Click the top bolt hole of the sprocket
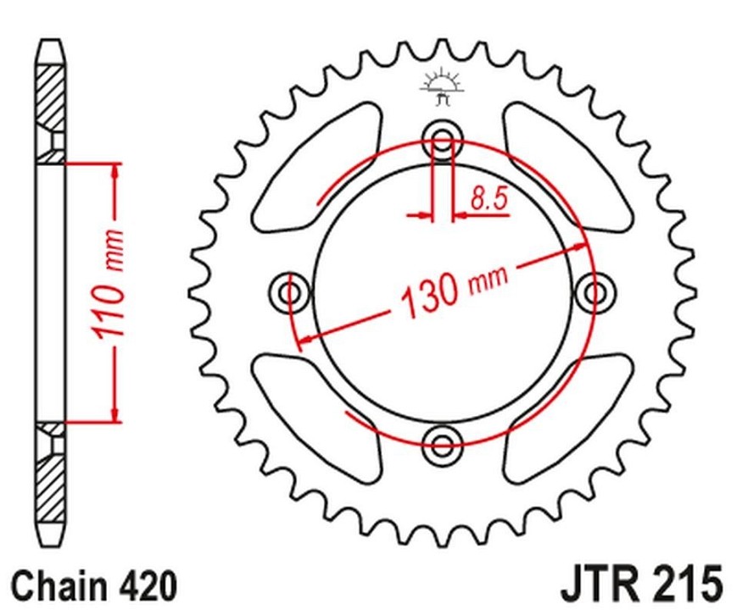(x=442, y=140)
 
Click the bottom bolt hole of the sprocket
(x=442, y=444)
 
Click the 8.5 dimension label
(x=489, y=197)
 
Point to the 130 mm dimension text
(x=455, y=290)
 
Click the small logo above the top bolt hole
(x=443, y=86)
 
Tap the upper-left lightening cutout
(x=316, y=167)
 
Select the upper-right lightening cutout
(x=567, y=167)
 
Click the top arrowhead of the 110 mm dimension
(x=114, y=172)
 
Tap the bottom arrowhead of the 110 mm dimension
(x=114, y=413)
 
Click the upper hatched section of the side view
(x=50, y=97)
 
